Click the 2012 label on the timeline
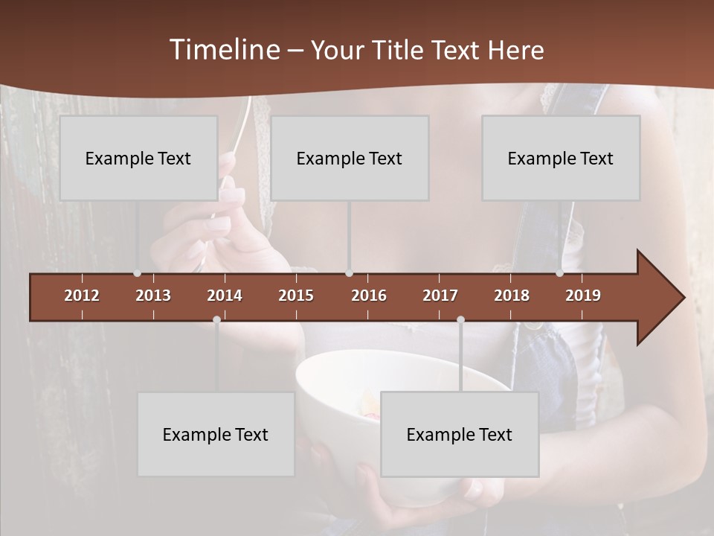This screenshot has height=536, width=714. coord(82,296)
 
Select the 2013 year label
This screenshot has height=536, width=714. coord(153,296)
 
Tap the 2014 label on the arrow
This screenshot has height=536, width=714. coord(225,296)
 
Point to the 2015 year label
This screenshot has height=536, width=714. coord(296,296)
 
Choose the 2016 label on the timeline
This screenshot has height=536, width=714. coord(369,296)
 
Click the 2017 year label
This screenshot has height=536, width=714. coord(440,296)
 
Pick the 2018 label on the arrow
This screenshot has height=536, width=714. coord(512,296)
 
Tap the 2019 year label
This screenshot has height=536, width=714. coord(583,296)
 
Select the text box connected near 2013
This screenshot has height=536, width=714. coord(138,158)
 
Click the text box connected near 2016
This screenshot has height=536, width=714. coord(350,158)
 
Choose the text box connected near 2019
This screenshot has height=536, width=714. coord(561,158)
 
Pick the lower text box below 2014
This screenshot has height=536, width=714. coord(216,434)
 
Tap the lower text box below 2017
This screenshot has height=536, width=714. coord(460,434)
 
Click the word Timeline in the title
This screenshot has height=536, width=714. coord(225,50)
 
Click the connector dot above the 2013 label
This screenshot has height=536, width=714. coord(137,273)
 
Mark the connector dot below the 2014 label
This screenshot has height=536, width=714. coord(216,319)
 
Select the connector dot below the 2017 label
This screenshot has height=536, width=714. coord(460,319)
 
